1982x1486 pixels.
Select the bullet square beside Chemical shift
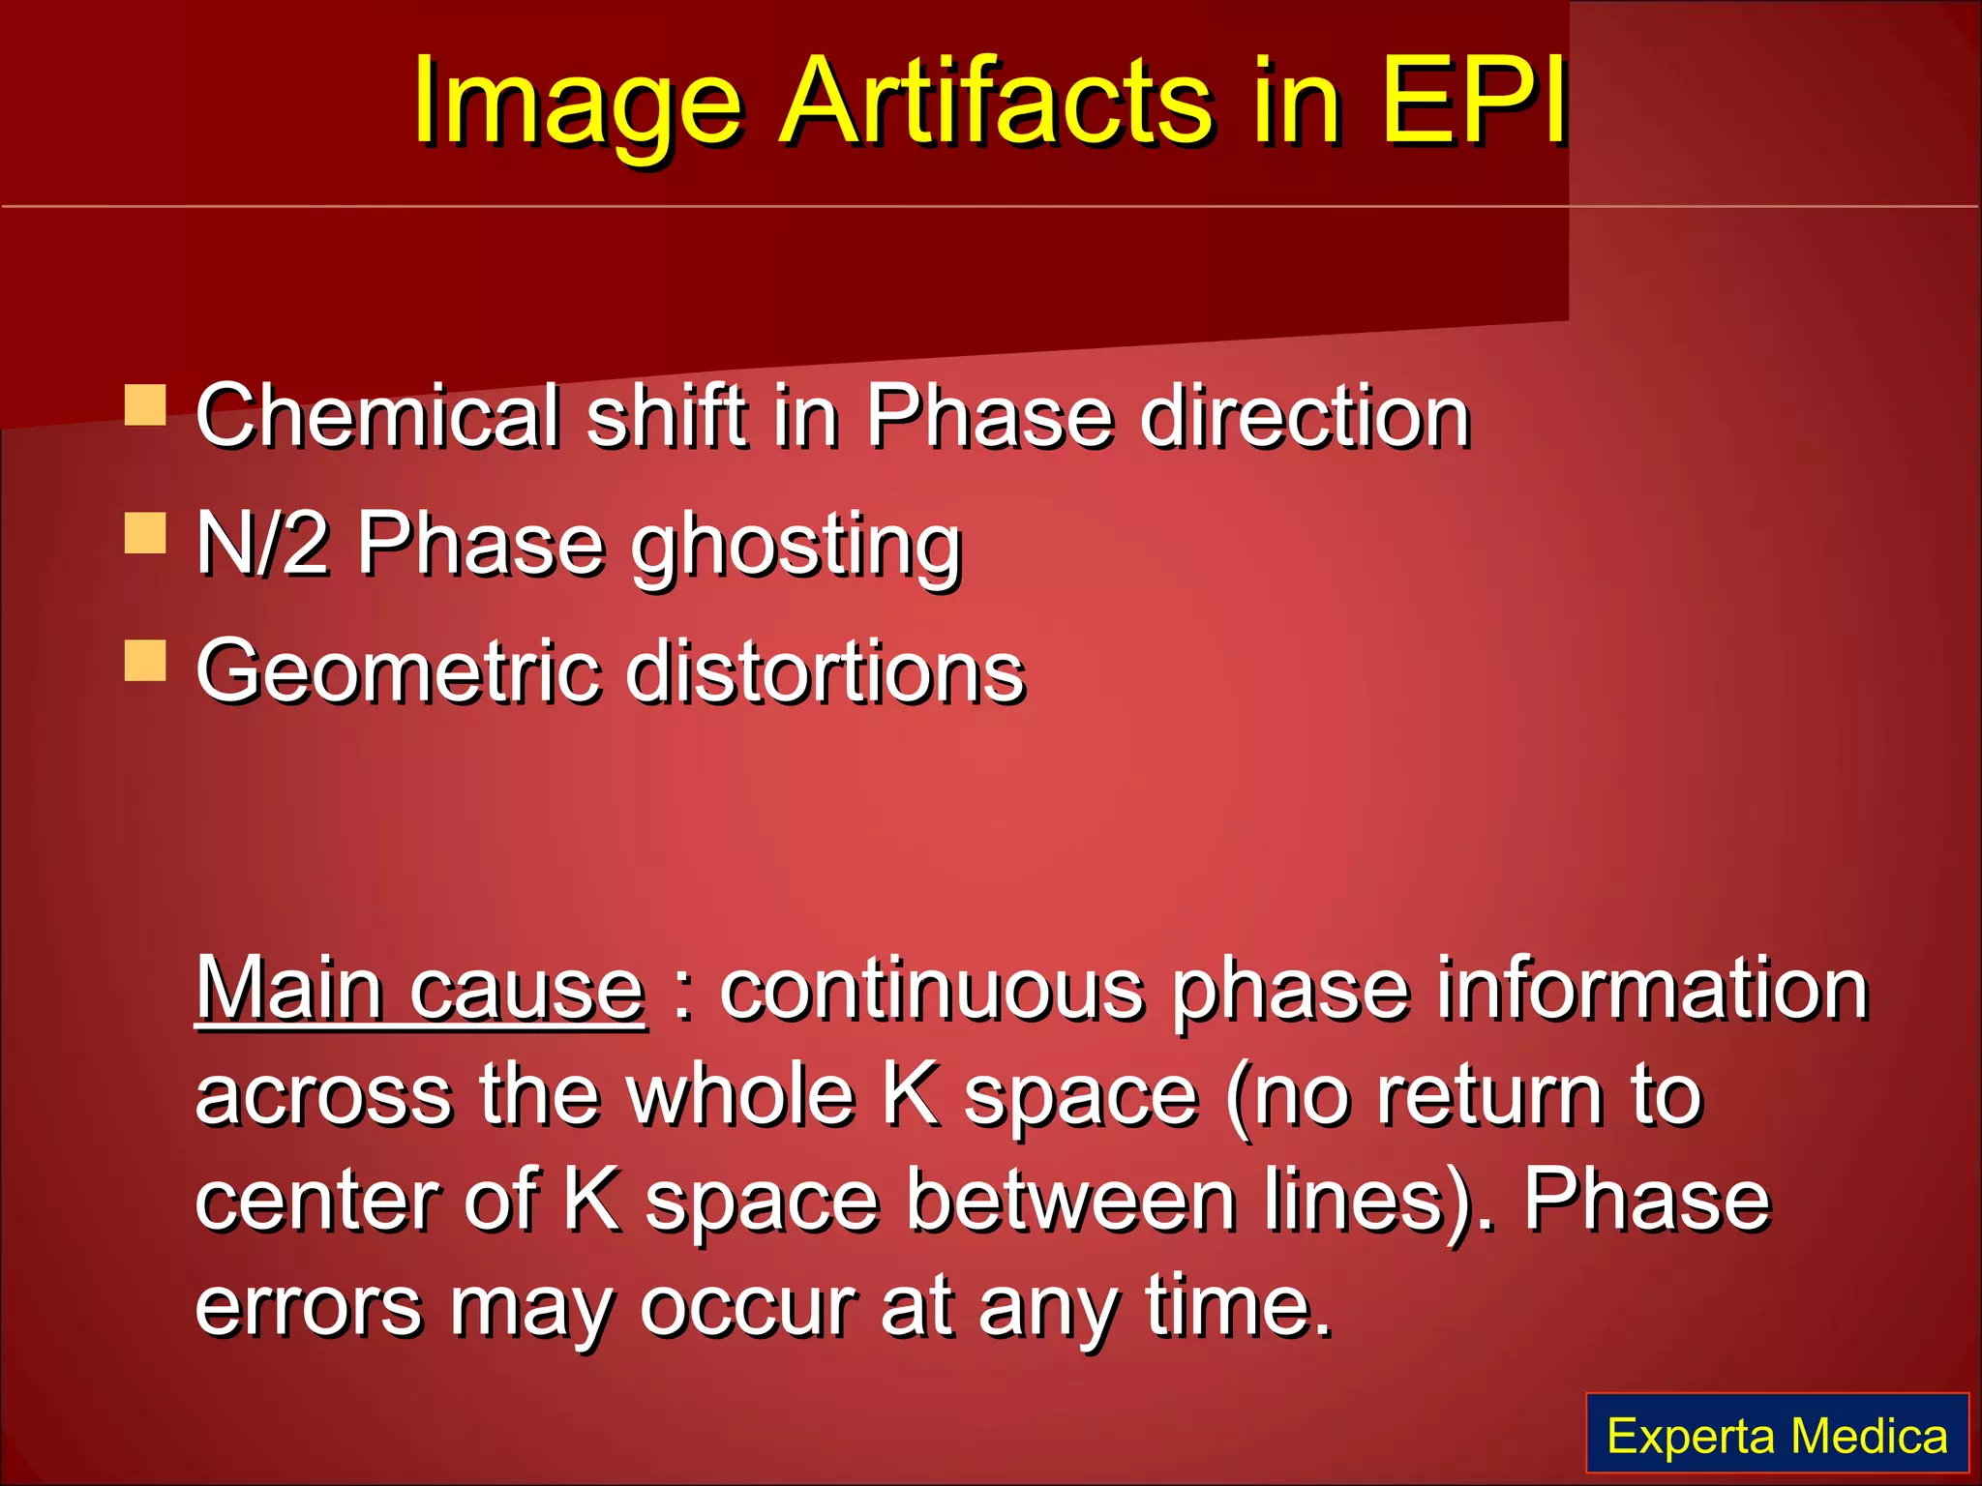(x=145, y=405)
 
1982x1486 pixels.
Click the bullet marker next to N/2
(x=145, y=533)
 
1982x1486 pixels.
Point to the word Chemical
(x=378, y=416)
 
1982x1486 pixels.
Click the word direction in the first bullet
(x=1306, y=416)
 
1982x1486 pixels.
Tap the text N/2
(x=261, y=544)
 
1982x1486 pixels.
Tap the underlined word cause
(x=527, y=993)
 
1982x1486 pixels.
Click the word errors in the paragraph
(x=309, y=1307)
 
